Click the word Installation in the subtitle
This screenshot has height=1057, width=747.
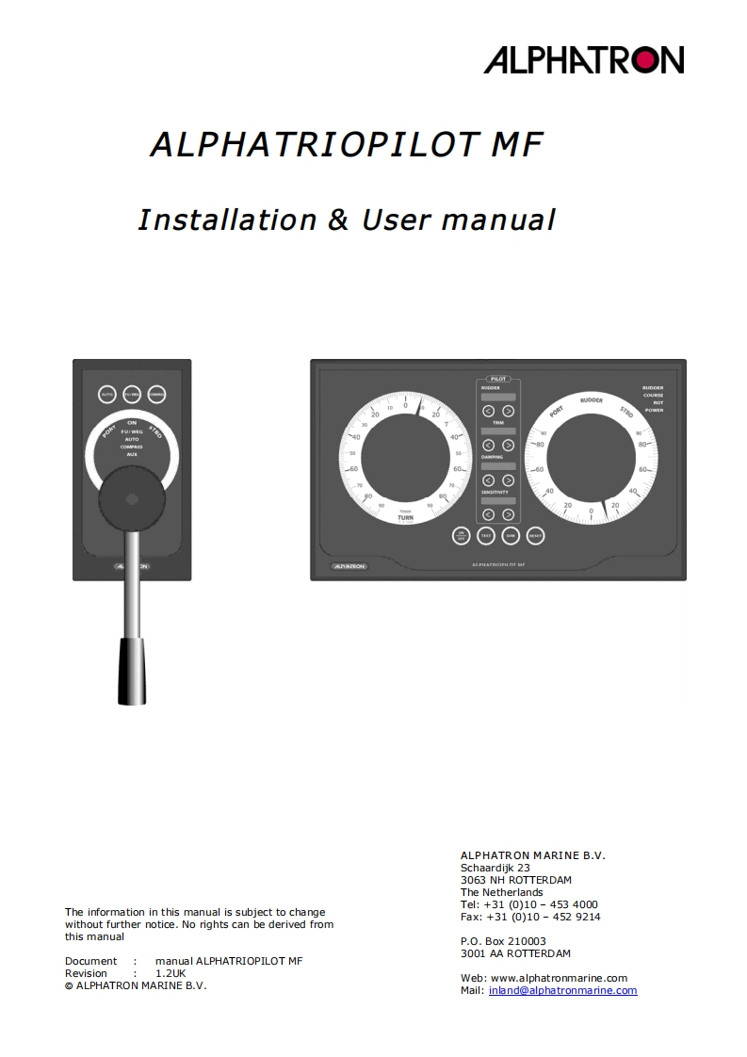[227, 220]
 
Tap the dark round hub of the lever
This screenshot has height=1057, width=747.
[132, 498]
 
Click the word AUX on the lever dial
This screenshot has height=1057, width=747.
[132, 454]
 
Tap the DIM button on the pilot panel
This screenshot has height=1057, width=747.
[511, 535]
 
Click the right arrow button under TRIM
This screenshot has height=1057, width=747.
[509, 445]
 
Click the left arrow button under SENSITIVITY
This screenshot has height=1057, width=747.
[488, 514]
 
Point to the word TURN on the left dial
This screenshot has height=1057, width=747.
[405, 518]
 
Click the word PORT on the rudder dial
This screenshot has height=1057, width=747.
[557, 411]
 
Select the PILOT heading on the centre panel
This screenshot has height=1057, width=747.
[498, 379]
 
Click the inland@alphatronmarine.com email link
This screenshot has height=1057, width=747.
[562, 990]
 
